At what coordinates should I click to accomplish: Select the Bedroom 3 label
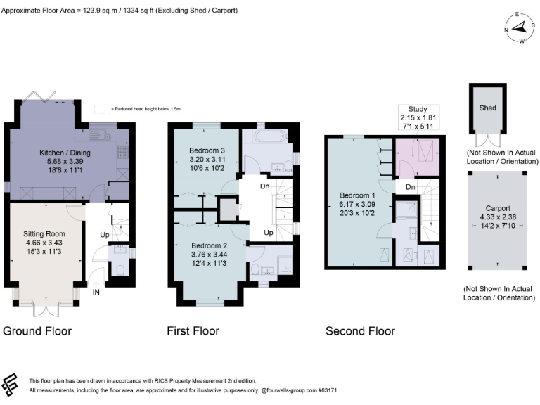coord(207,150)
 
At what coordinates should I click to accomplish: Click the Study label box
coord(418,112)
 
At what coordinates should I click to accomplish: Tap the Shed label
coord(488,108)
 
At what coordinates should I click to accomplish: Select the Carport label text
coord(498,209)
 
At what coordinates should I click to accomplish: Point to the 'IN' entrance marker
coord(96,291)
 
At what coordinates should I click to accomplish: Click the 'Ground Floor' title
coord(37,330)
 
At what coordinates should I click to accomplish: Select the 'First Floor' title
coord(193,330)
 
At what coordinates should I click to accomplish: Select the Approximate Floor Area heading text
coord(120,11)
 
